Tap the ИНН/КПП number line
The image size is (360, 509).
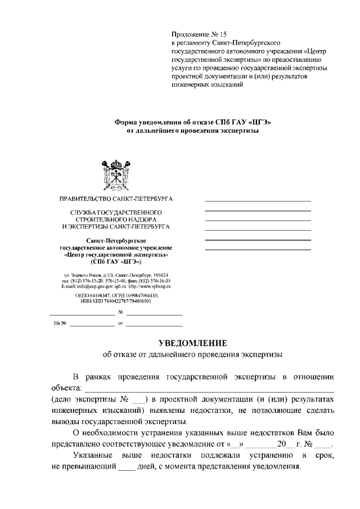click(x=116, y=301)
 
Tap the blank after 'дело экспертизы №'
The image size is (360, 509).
click(x=138, y=400)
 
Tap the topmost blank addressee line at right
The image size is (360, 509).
click(x=258, y=201)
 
